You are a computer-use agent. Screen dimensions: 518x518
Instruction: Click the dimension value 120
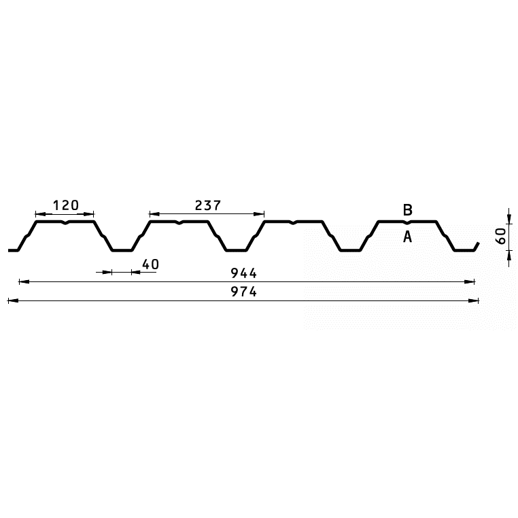click(x=66, y=205)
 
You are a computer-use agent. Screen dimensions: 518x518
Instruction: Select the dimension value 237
click(x=207, y=205)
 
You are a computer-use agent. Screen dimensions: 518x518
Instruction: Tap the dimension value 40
click(x=151, y=264)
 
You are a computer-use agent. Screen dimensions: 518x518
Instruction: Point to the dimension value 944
click(x=244, y=273)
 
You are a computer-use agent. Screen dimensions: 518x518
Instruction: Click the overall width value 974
click(x=244, y=292)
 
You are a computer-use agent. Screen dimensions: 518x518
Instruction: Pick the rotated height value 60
click(x=501, y=236)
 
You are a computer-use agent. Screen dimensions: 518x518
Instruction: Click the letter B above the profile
click(x=408, y=210)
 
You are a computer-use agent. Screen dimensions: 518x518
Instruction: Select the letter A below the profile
click(x=408, y=237)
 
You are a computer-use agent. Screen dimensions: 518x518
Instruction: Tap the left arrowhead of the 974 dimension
click(x=13, y=300)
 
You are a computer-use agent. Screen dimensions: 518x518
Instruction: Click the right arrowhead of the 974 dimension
click(x=473, y=300)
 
